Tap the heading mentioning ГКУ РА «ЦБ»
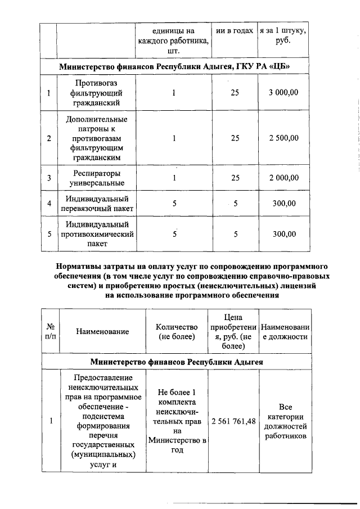(175, 67)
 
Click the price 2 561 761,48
(233, 421)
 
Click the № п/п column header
(50, 331)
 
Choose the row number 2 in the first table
(49, 138)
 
